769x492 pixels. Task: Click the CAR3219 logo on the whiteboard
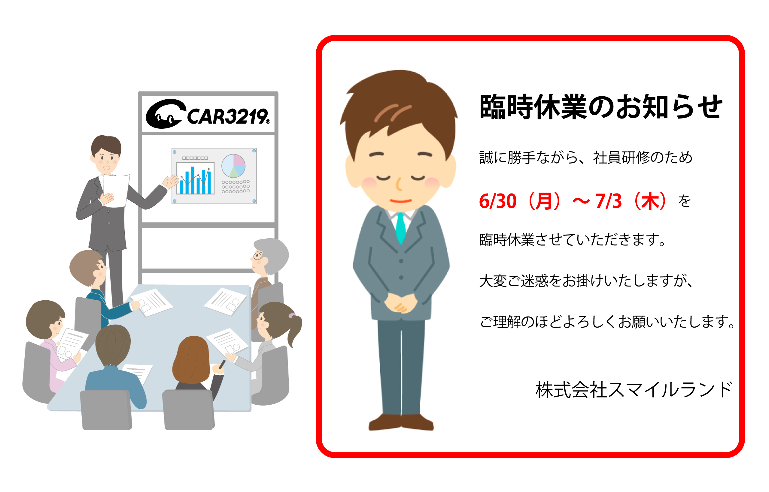click(208, 114)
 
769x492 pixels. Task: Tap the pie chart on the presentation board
click(233, 166)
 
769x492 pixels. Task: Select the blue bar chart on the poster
click(195, 178)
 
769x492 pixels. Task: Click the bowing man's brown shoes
click(401, 422)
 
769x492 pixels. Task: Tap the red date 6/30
click(497, 201)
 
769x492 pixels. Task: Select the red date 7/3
click(608, 201)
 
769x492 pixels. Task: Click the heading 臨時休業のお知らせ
click(601, 107)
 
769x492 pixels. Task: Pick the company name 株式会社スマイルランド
click(634, 390)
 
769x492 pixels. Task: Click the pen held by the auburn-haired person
click(222, 364)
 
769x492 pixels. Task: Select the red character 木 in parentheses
click(650, 201)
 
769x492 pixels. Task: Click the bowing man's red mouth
click(400, 201)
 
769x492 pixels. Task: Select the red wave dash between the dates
click(581, 201)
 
